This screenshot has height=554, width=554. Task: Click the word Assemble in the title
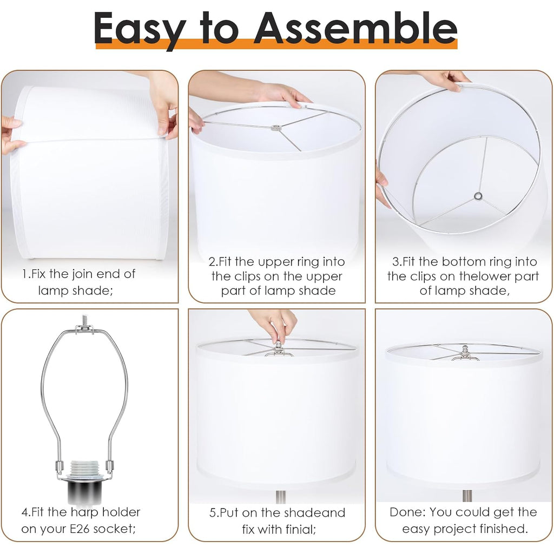pyautogui.click(x=355, y=28)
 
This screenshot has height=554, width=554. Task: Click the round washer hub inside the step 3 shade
pyautogui.click(x=478, y=196)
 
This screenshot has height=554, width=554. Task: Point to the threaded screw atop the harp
pyautogui.click(x=84, y=320)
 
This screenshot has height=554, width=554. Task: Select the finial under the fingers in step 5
pyautogui.click(x=279, y=348)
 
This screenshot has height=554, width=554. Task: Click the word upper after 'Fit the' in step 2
pyautogui.click(x=274, y=262)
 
